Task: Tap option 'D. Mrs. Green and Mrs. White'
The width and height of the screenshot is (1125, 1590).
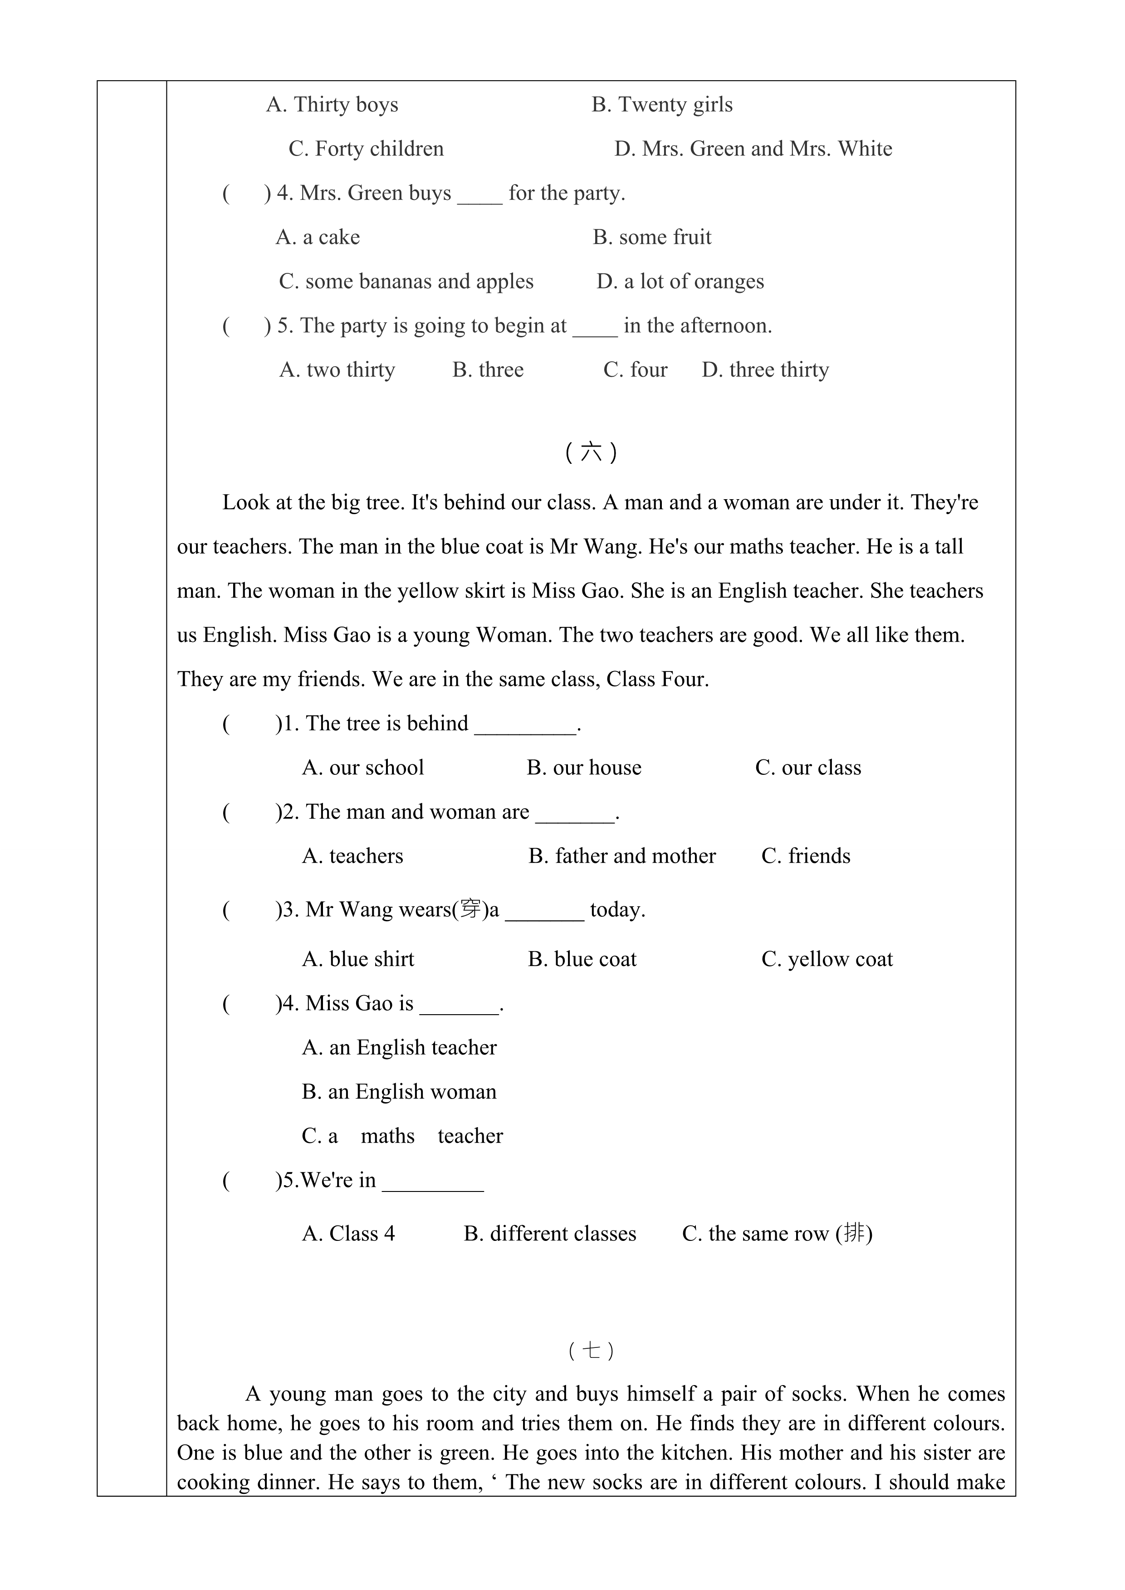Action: click(753, 149)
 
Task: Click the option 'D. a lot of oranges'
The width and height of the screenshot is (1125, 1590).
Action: click(680, 282)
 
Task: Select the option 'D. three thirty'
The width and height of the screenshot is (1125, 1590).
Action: click(765, 370)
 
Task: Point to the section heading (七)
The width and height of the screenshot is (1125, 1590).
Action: click(591, 1351)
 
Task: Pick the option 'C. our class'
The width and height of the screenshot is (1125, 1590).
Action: click(808, 768)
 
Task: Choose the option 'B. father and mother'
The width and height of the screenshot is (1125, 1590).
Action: click(621, 856)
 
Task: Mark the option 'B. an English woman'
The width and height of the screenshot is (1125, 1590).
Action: click(399, 1092)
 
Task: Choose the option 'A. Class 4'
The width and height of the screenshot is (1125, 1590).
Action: click(348, 1234)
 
